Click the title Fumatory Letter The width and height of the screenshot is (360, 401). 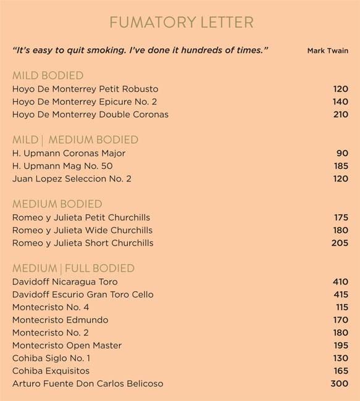click(181, 23)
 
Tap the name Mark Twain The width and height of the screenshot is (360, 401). click(327, 51)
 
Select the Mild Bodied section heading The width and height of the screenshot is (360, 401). click(48, 75)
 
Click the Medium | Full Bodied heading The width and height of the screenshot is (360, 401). click(73, 268)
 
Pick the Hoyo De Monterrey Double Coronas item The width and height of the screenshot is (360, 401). click(90, 115)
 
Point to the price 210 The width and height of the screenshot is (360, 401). click(340, 115)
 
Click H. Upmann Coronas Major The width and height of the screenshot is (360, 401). click(69, 153)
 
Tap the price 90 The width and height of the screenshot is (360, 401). click(342, 153)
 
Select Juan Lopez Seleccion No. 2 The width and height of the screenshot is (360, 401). click(72, 179)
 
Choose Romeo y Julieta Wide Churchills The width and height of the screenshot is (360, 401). click(82, 230)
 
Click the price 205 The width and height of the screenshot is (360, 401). click(340, 243)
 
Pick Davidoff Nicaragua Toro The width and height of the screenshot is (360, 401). click(65, 282)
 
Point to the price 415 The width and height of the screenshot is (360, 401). click(340, 295)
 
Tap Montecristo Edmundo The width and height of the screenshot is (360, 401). click(60, 320)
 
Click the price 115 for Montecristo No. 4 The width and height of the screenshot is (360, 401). click(341, 307)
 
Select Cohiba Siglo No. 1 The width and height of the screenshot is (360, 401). click(51, 358)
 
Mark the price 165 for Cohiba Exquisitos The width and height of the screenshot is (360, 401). click(340, 371)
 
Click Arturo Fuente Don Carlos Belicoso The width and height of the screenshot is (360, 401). click(88, 384)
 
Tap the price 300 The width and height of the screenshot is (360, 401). click(340, 384)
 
